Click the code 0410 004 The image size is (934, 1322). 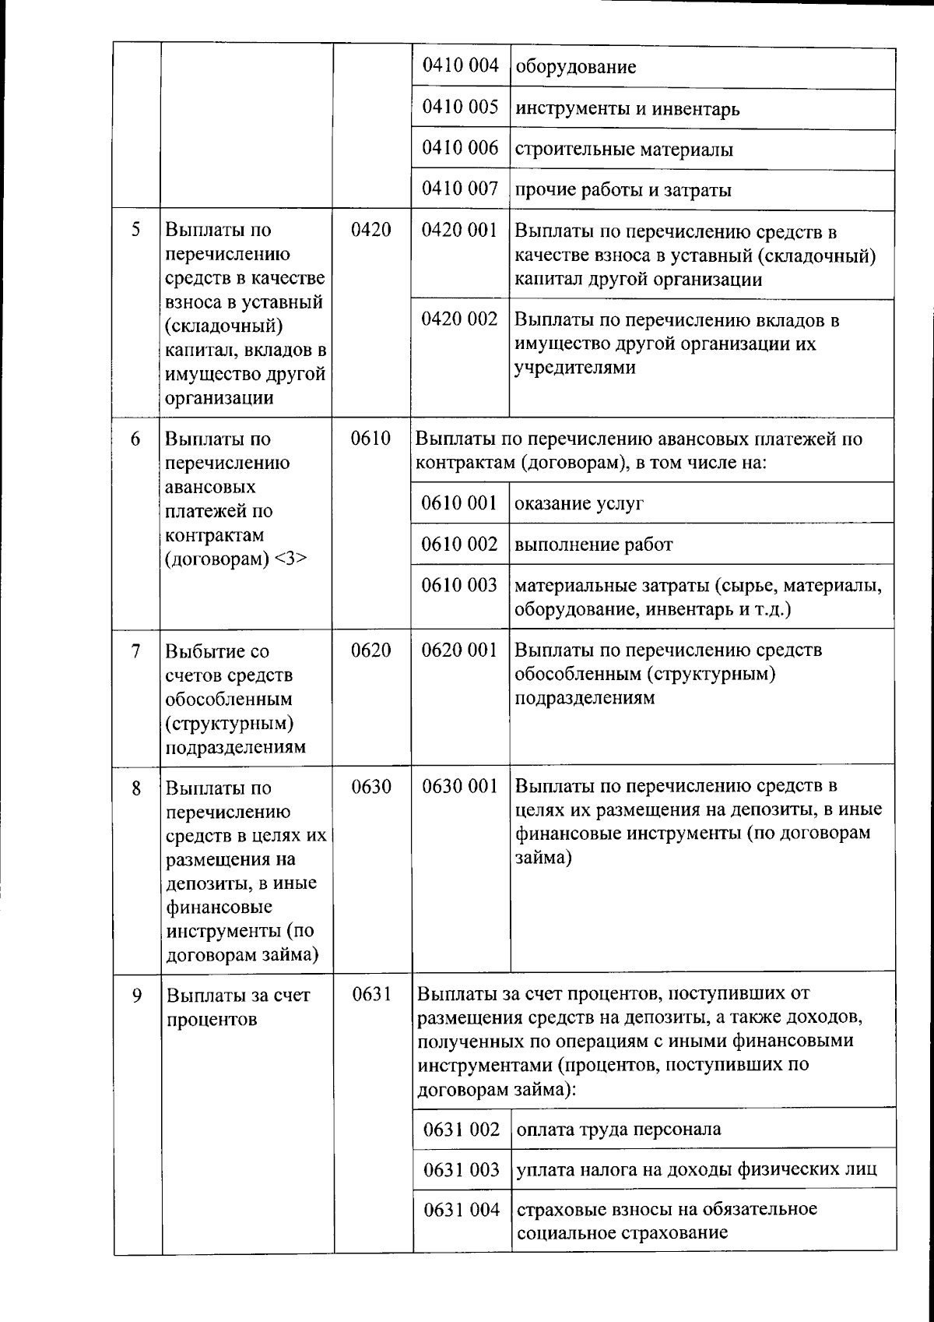point(460,65)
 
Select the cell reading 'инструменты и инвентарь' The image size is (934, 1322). point(627,109)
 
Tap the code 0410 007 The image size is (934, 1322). point(460,189)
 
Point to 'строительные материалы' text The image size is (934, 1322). point(624,150)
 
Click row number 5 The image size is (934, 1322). point(136,230)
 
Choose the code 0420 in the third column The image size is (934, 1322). point(371,230)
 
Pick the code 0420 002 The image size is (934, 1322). point(459,319)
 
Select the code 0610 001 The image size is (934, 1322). point(459,503)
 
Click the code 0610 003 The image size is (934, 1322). point(459,585)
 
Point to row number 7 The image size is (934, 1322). point(136,650)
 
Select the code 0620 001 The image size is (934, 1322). point(459,650)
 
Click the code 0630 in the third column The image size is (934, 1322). point(371,787)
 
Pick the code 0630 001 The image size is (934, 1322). point(459,787)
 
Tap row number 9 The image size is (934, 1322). point(136,995)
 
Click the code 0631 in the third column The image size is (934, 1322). point(371,995)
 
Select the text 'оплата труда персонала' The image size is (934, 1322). point(619,1130)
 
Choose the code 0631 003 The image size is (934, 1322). point(462,1169)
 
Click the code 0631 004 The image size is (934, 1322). point(462,1210)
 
